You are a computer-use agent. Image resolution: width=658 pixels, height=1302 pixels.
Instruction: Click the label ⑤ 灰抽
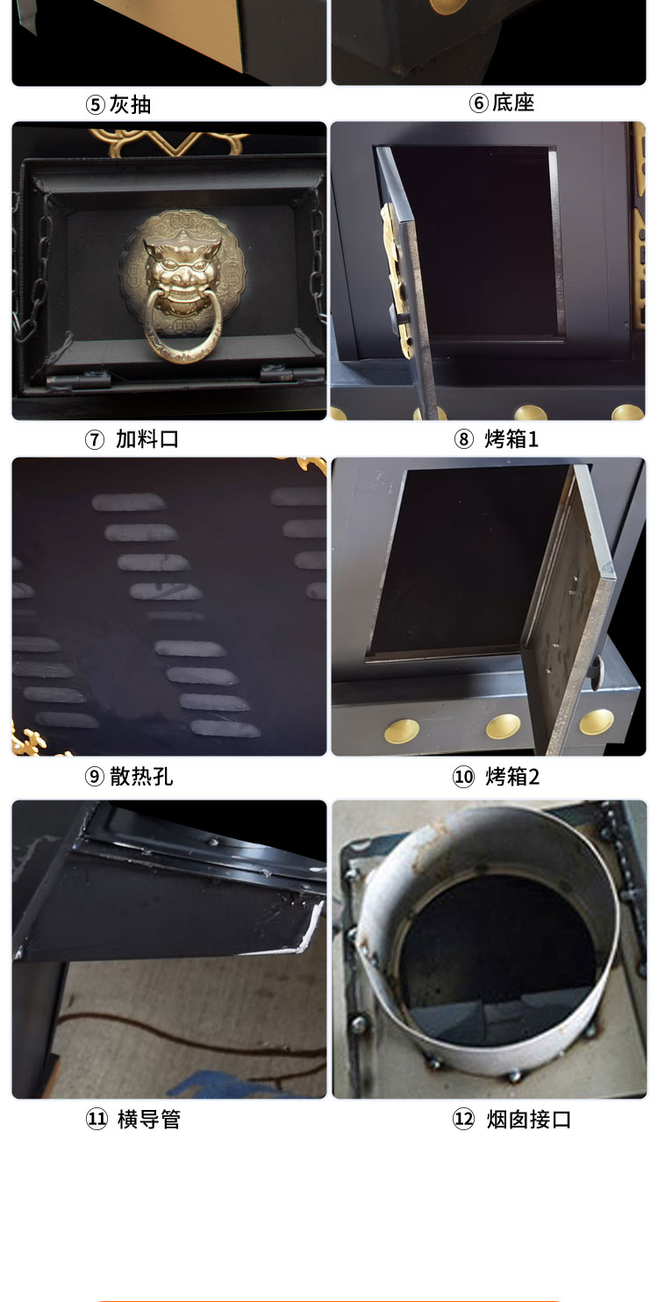[x=118, y=105]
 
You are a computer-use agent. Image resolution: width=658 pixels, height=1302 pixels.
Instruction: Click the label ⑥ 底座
[x=502, y=103]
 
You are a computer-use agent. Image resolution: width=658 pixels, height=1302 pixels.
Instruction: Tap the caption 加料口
[x=147, y=439]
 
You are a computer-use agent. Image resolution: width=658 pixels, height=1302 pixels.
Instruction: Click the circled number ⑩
[x=463, y=777]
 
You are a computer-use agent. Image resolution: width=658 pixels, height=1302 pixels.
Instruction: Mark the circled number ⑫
[x=463, y=1120]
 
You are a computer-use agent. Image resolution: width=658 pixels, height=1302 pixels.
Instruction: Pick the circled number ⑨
[x=94, y=777]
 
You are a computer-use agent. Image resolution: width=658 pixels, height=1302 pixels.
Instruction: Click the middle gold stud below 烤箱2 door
[x=503, y=726]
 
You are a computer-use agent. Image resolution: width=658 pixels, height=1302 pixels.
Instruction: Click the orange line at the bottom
[x=329, y=1300]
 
